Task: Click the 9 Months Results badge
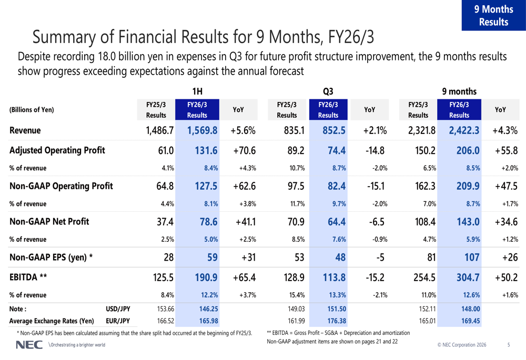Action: (493, 16)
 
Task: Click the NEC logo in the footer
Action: (26, 345)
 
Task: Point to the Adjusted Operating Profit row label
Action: (57, 150)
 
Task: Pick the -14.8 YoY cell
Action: (375, 150)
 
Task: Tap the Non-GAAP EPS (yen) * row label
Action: (52, 257)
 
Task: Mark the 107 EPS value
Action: (470, 257)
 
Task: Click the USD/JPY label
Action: (118, 310)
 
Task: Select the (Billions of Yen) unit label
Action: (32, 110)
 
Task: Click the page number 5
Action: (508, 345)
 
